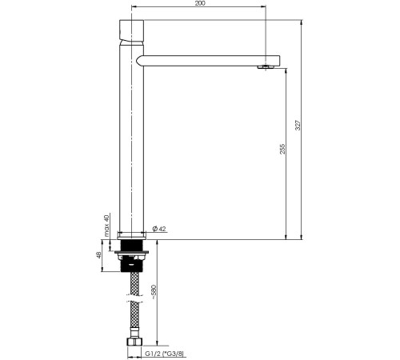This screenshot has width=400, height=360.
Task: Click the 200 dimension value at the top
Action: click(x=200, y=3)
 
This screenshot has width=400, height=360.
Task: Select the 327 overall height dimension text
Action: click(x=298, y=126)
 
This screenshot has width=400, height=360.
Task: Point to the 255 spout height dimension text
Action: click(x=282, y=149)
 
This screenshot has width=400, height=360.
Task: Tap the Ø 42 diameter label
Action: click(x=159, y=229)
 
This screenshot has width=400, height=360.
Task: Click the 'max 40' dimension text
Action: click(x=107, y=226)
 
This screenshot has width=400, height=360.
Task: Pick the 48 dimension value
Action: click(x=99, y=255)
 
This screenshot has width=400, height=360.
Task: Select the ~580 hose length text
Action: click(x=154, y=293)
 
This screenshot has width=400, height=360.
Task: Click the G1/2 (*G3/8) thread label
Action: click(x=165, y=354)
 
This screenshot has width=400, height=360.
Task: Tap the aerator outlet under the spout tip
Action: click(x=266, y=67)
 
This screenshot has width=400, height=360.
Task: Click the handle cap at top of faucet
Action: click(x=131, y=30)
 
